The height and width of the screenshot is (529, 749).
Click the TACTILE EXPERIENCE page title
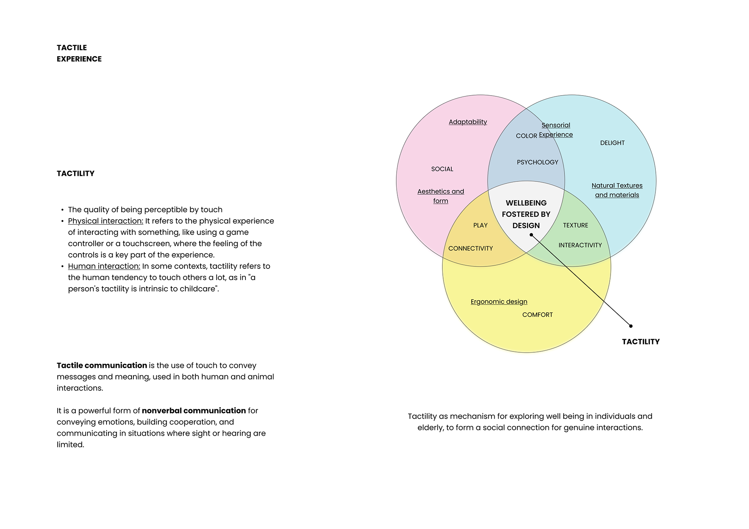(79, 53)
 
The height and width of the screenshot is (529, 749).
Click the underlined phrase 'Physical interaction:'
(105, 221)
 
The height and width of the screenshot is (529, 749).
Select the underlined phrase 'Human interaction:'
(104, 266)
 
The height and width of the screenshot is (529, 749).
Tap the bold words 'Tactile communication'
(101, 366)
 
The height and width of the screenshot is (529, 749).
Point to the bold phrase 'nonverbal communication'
(193, 411)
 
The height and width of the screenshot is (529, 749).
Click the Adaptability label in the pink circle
(468, 122)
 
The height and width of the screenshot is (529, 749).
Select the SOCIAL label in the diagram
(442, 169)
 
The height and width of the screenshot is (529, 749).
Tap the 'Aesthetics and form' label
(440, 196)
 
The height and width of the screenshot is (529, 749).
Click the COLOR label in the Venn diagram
(526, 136)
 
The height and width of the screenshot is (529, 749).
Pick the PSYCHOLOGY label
(537, 162)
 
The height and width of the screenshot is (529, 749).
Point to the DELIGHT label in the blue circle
(612, 143)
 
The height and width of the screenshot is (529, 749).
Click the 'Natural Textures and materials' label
(617, 190)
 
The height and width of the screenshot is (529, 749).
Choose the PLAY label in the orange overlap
(480, 225)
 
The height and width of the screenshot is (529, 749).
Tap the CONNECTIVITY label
(470, 249)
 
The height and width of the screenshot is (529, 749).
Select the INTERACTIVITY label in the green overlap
(580, 245)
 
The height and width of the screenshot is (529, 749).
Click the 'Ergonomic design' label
(499, 302)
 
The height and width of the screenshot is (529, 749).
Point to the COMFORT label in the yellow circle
(537, 315)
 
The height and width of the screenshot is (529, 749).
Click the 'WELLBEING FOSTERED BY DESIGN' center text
(526, 214)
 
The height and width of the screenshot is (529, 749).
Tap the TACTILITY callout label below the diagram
(641, 342)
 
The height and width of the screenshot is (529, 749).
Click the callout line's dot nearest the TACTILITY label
(631, 326)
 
